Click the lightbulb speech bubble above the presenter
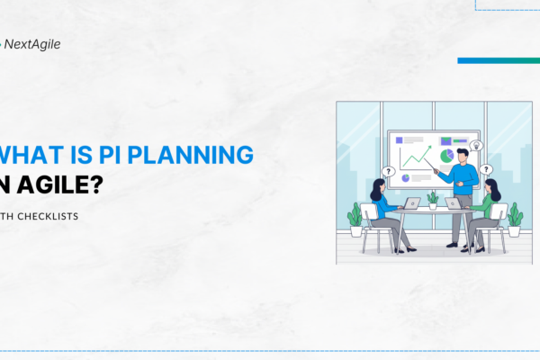pyautogui.click(x=476, y=145)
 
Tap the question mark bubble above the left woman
pyautogui.click(x=388, y=171)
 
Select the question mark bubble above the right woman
pyautogui.click(x=486, y=168)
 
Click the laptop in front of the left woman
pyautogui.click(x=410, y=203)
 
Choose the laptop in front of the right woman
pyautogui.click(x=454, y=203)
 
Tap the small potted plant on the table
pyautogui.click(x=432, y=199)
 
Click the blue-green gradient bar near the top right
pyautogui.click(x=498, y=60)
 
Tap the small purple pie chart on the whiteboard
pyautogui.click(x=404, y=178)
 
